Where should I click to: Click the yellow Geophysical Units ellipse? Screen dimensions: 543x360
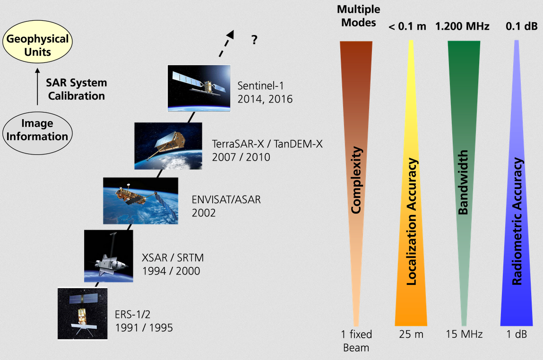[37, 42]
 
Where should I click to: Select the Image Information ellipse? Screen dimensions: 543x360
[37, 133]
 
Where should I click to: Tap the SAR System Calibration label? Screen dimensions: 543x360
[76, 89]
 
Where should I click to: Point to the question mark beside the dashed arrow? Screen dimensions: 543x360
[255, 40]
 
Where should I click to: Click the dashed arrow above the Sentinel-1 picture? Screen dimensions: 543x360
[226, 43]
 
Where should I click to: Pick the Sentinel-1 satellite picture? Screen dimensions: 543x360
[199, 88]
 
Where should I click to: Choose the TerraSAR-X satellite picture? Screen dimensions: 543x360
[168, 146]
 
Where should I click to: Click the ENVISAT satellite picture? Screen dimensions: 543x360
[141, 201]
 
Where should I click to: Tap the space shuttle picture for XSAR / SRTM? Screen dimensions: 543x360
[108, 256]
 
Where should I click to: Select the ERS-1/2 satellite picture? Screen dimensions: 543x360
[82, 314]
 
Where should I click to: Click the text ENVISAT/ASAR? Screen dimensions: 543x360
[226, 200]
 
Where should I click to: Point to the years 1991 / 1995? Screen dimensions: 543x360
[144, 328]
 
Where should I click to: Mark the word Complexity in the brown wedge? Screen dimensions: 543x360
[356, 180]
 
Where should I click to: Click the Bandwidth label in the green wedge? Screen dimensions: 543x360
[463, 182]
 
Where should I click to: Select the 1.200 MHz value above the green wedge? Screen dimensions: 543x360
[462, 26]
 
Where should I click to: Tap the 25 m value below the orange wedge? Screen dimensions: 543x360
[411, 334]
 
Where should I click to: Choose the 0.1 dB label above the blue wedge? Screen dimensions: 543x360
[522, 26]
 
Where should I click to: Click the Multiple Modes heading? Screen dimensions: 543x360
[358, 16]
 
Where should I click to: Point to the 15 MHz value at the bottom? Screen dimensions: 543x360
[464, 334]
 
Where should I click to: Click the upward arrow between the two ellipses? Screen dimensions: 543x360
[37, 86]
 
